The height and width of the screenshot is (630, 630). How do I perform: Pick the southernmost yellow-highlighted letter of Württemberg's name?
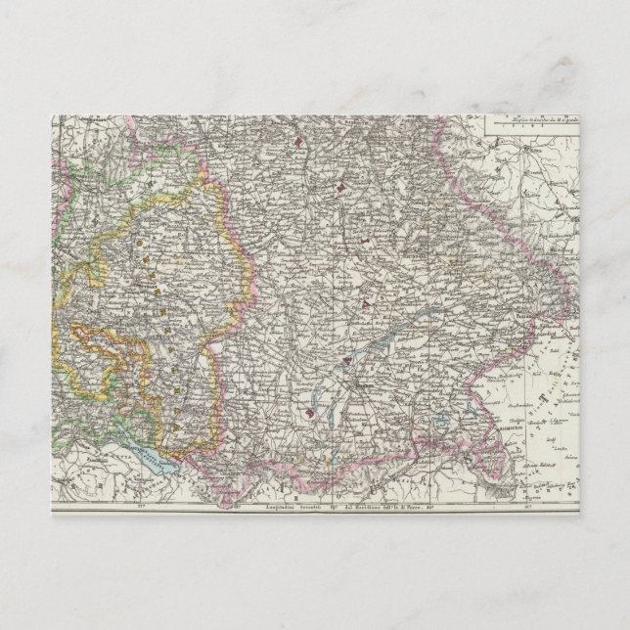tap(174, 427)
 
